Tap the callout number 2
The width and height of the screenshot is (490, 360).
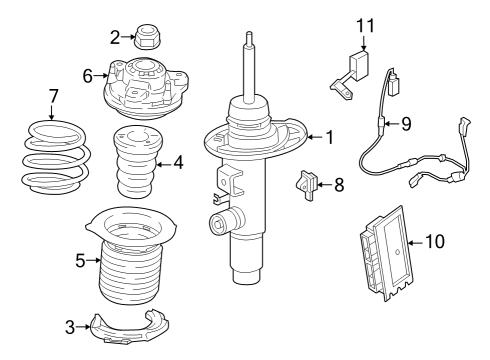click(x=115, y=38)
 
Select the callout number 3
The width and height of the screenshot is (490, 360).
click(x=70, y=326)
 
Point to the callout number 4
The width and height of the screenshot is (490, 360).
click(x=177, y=160)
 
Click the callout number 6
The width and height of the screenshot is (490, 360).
click(x=88, y=76)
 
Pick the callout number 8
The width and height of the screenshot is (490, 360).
click(x=339, y=184)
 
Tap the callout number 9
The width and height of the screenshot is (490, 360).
click(x=406, y=125)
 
